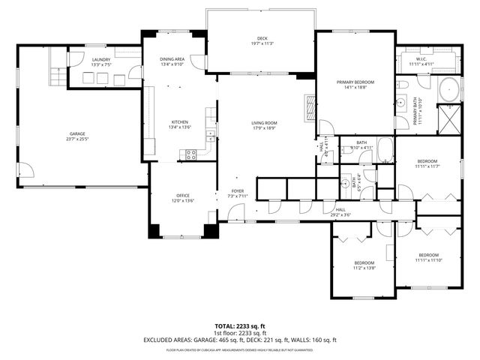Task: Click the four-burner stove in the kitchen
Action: click(x=190, y=154)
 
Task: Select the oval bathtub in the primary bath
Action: click(x=449, y=89)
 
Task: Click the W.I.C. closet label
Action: click(x=421, y=58)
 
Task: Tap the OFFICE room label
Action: click(x=184, y=195)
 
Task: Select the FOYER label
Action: click(x=238, y=191)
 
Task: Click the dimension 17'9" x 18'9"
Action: click(x=264, y=128)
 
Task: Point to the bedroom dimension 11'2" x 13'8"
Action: click(x=364, y=268)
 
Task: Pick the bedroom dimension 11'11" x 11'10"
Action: click(x=429, y=260)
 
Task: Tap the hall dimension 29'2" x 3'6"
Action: click(x=341, y=215)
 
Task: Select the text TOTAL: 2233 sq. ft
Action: click(x=240, y=326)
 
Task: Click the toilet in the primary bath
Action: click(x=403, y=106)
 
